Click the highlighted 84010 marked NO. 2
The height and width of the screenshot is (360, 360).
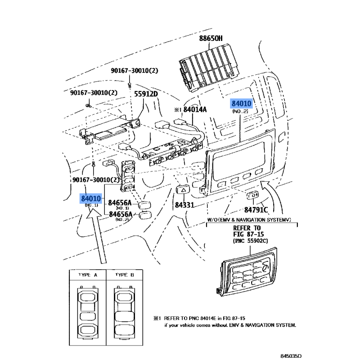tap(242, 104)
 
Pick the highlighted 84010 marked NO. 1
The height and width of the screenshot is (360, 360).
tap(91, 198)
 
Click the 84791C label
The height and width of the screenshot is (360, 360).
tap(256, 210)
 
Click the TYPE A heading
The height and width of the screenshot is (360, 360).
tap(88, 274)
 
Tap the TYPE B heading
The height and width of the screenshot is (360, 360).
tap(125, 274)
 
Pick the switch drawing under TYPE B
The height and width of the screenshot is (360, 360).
tap(125, 312)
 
